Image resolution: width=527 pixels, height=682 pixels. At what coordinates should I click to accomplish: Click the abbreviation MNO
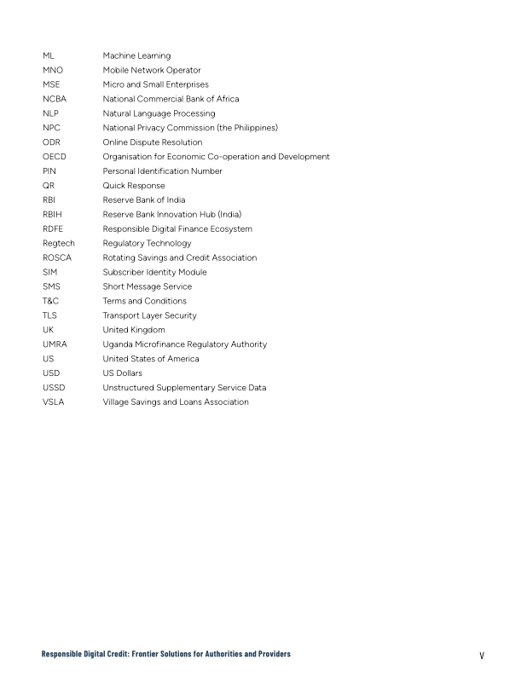pos(53,70)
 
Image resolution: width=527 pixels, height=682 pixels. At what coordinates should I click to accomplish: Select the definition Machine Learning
pos(136,55)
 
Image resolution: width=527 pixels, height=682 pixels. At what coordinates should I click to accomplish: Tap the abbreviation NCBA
pos(55,99)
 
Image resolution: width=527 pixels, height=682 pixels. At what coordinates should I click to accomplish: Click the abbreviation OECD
pos(55,157)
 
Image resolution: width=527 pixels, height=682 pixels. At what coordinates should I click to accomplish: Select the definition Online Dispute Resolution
pos(153,142)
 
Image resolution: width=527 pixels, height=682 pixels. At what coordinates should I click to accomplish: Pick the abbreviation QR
pos(49,186)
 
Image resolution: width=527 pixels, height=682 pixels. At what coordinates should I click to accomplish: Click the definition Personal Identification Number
pos(162,171)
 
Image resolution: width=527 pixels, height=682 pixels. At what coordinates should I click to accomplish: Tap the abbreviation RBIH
pos(53,215)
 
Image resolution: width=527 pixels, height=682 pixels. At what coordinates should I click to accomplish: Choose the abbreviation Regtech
pos(59,243)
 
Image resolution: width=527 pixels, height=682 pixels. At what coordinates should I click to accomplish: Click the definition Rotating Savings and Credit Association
pos(180,257)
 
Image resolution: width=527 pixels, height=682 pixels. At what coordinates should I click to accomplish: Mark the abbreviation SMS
pos(51,286)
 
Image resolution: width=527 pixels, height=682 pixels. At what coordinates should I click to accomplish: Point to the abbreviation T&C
pos(50,301)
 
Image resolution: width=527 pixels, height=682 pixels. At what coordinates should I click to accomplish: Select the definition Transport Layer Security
pos(149,315)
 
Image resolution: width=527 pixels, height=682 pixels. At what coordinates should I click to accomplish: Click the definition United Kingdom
pos(134,330)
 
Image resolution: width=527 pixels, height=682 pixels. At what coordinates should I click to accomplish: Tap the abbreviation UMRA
pos(55,344)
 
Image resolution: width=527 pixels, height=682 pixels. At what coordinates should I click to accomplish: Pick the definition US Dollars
pos(123,373)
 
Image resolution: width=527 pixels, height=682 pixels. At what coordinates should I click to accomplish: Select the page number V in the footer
pos(482,655)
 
